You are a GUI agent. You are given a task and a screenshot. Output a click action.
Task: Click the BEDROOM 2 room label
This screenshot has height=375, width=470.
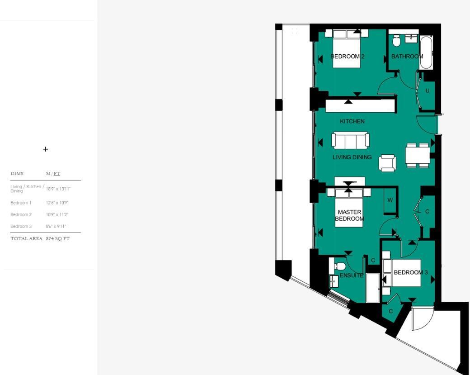(x=347, y=57)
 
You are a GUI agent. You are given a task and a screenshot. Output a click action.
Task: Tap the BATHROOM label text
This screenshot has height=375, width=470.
(x=407, y=57)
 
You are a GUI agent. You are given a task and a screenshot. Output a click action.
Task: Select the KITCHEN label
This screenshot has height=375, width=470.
(x=352, y=121)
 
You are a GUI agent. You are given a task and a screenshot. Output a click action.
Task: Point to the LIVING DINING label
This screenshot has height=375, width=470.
(x=352, y=157)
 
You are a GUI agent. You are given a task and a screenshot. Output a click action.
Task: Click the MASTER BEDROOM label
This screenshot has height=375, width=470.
(x=349, y=215)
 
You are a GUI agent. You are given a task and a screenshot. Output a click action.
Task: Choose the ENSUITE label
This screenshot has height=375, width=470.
(x=351, y=275)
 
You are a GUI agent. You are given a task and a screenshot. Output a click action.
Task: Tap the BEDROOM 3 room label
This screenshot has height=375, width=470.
(x=410, y=272)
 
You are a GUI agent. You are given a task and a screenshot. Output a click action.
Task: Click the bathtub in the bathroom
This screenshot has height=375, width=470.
(x=426, y=52)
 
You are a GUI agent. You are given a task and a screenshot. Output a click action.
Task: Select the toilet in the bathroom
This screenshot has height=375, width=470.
(x=397, y=42)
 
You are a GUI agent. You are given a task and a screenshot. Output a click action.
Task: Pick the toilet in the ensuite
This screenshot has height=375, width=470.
(x=339, y=266)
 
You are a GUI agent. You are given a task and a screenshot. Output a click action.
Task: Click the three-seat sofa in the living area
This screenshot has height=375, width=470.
(x=350, y=140)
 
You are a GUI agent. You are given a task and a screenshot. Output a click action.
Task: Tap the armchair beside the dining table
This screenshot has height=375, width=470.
(x=388, y=163)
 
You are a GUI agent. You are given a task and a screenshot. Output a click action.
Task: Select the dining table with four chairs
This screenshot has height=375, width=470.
(x=417, y=156)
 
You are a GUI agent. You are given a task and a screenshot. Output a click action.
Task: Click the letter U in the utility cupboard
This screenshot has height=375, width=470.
(x=427, y=91)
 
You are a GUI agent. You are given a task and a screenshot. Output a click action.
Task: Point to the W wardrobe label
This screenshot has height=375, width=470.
(x=390, y=200)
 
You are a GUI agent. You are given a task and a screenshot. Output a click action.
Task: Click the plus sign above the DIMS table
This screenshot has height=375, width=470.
(x=46, y=149)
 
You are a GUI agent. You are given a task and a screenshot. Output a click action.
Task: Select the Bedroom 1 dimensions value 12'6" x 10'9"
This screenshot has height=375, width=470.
(x=57, y=203)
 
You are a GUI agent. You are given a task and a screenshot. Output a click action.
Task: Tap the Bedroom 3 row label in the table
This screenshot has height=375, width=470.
(x=21, y=227)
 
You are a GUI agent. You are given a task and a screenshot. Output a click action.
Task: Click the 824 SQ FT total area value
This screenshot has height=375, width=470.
(x=58, y=239)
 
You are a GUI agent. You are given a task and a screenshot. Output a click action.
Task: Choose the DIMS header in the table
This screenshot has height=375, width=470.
(x=17, y=174)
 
